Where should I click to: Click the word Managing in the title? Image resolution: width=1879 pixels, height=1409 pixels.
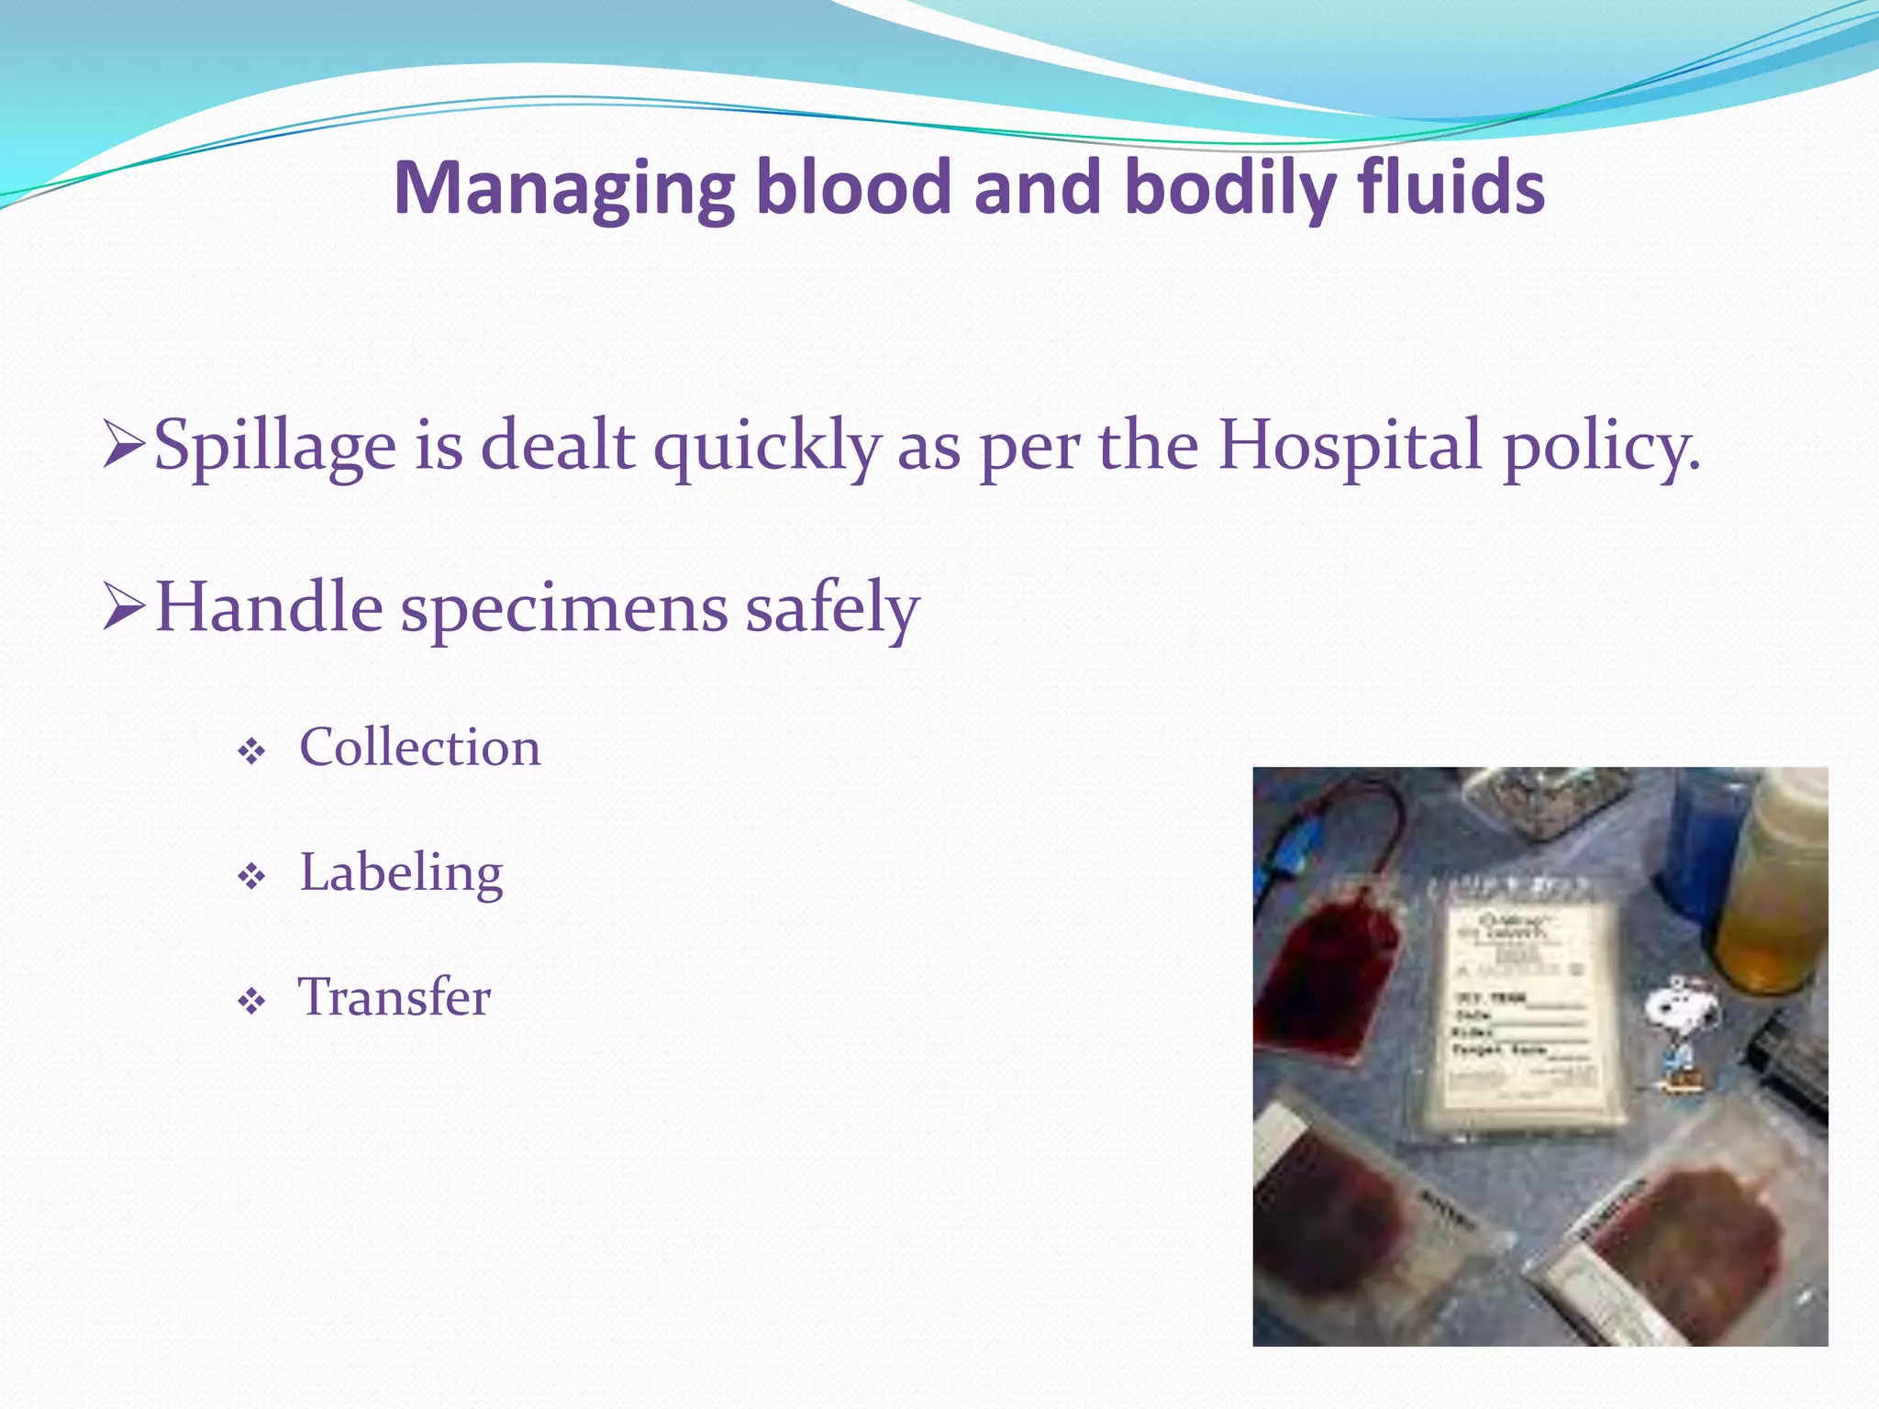[564, 188]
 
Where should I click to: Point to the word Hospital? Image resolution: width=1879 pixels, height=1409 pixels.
[1350, 445]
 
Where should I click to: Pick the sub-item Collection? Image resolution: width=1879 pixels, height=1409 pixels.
[419, 747]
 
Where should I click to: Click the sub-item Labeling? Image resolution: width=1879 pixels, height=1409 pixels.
[401, 872]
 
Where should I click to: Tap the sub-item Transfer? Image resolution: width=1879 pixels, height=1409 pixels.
[395, 997]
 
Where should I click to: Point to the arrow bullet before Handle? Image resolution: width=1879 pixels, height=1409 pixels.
[124, 606]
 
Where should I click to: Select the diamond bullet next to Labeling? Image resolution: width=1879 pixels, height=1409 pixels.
[250, 877]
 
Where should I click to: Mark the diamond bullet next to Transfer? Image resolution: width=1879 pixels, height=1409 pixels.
[250, 1002]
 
